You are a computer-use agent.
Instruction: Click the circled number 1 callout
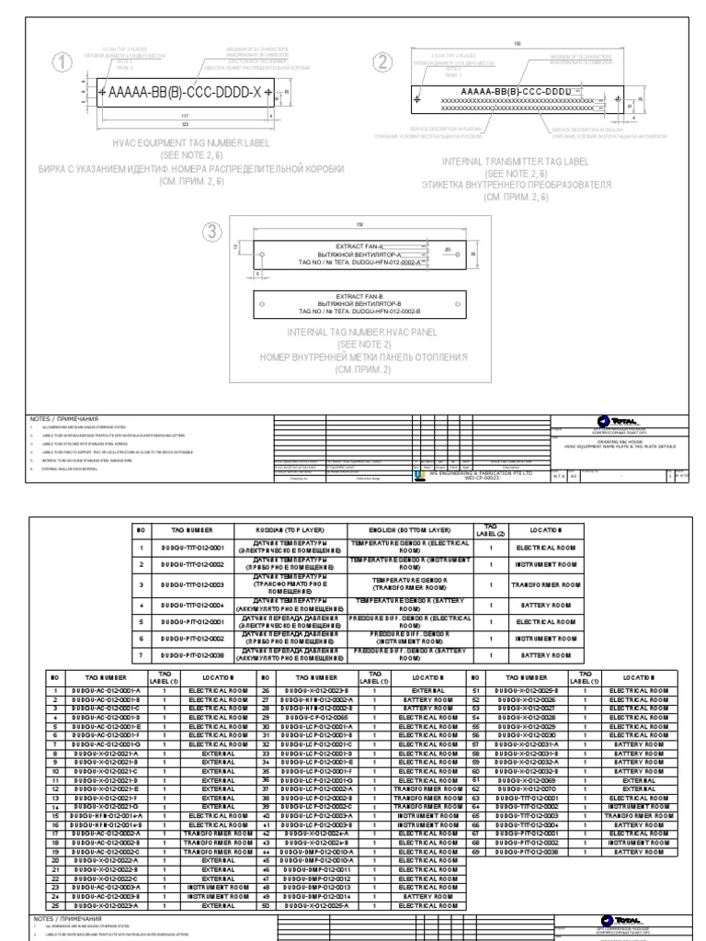coord(63,62)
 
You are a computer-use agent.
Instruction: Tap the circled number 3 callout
coord(215,232)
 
